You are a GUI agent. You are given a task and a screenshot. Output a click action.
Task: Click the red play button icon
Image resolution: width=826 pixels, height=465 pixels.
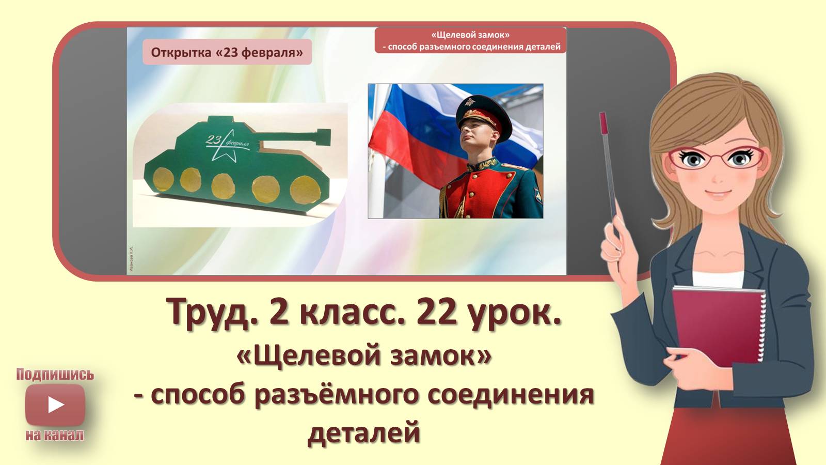(55, 405)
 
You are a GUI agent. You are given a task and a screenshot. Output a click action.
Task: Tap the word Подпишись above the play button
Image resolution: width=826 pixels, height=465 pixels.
(55, 374)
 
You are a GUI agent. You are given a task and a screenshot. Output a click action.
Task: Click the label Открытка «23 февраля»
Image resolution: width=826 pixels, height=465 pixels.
(227, 52)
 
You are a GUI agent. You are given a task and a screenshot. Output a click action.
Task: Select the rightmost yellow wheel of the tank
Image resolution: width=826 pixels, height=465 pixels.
(303, 190)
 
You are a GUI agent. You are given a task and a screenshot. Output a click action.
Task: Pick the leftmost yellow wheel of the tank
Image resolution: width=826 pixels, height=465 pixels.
(164, 179)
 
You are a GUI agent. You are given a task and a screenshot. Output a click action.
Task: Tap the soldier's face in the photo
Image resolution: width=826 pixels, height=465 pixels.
(475, 137)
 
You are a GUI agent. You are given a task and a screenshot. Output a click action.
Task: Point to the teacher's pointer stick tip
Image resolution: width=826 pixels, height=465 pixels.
(602, 117)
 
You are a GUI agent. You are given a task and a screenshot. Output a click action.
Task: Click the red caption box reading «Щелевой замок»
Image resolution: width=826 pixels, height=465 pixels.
(470, 40)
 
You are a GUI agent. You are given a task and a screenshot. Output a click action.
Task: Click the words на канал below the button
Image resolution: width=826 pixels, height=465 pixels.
(55, 435)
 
